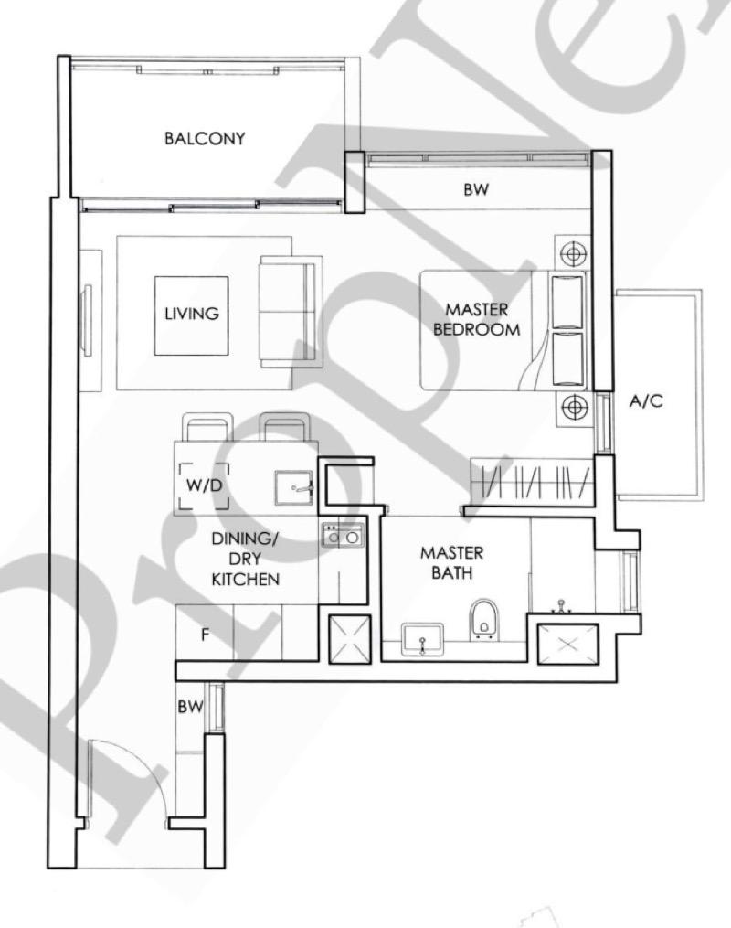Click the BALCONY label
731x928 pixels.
(x=205, y=138)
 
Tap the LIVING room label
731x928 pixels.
(x=192, y=313)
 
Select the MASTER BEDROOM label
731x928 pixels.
(x=477, y=320)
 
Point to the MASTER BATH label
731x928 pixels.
(x=451, y=563)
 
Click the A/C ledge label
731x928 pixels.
(x=646, y=402)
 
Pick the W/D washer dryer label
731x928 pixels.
(x=204, y=485)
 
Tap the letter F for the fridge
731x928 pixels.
(x=206, y=635)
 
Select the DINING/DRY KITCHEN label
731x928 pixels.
(x=246, y=560)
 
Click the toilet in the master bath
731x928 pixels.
(x=484, y=620)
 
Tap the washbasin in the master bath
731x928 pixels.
(x=422, y=639)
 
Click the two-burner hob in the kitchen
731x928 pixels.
(x=343, y=535)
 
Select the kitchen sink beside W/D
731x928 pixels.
(x=294, y=487)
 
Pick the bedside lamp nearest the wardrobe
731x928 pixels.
(x=573, y=407)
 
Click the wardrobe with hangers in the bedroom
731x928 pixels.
(x=532, y=482)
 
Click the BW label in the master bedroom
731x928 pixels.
(x=476, y=189)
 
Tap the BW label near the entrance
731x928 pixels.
(x=190, y=707)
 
